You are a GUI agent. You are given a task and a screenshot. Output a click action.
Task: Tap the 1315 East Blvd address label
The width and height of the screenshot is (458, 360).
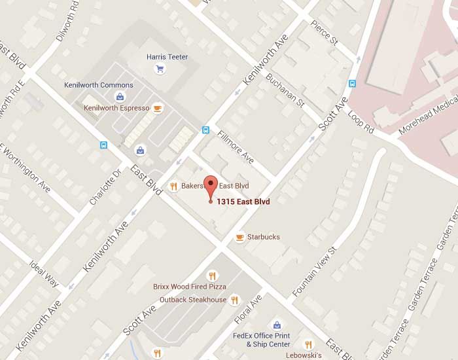(243, 202)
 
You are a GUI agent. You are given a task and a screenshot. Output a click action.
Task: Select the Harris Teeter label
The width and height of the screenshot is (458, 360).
(167, 57)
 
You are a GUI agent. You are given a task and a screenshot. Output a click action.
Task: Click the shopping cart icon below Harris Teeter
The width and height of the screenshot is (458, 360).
(160, 69)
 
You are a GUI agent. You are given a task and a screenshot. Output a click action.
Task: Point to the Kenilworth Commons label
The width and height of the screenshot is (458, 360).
(99, 85)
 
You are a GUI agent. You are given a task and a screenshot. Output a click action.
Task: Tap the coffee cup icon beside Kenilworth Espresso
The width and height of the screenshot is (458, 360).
(157, 108)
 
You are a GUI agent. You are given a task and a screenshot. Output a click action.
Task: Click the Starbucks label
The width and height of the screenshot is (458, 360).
(263, 237)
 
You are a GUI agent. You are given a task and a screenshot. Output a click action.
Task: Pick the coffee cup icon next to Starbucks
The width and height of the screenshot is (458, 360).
(239, 237)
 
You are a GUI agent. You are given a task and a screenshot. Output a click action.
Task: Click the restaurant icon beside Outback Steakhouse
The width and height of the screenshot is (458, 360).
(235, 300)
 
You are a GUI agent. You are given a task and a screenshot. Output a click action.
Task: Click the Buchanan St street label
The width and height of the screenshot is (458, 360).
(285, 90)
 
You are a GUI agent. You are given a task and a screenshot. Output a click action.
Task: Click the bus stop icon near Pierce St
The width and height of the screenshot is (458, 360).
(352, 84)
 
